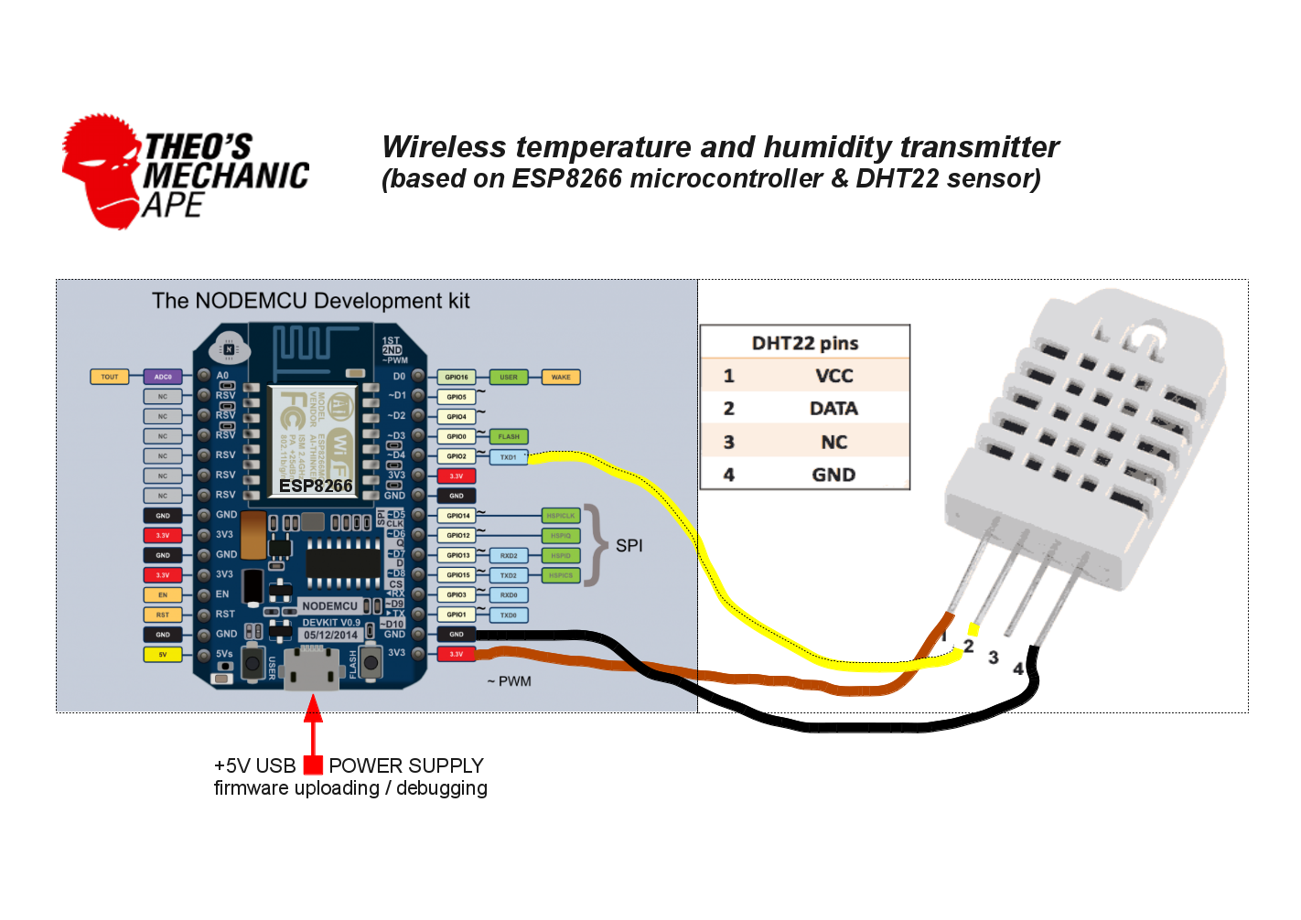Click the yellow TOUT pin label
tap(110, 377)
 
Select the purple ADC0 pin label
tap(163, 377)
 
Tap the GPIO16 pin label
tap(457, 377)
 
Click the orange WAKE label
tap(561, 377)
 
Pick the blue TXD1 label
tap(509, 457)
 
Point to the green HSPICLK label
tap(561, 516)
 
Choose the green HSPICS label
tap(561, 575)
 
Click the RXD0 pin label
tap(509, 595)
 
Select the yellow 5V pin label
tap(163, 655)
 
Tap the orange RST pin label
tap(163, 615)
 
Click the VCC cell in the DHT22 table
tap(833, 376)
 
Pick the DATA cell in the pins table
tap(833, 409)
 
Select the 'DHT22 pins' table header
tap(805, 343)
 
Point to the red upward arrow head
tap(313, 709)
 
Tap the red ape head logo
tap(101, 169)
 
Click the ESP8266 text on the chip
tap(316, 486)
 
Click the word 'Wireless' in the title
tap(445, 147)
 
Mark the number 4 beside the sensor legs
tap(1018, 669)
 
